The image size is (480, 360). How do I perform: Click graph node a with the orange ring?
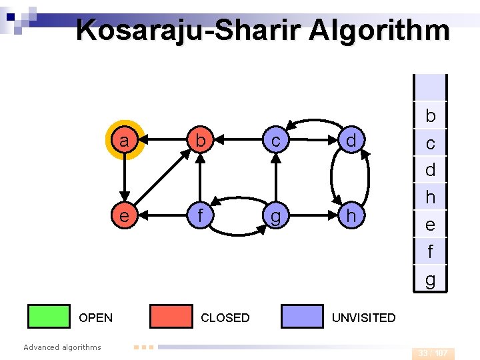tap(123, 141)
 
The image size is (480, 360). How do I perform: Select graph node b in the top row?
tap(199, 141)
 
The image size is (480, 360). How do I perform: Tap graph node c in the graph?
tap(275, 141)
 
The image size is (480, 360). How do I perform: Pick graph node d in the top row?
tap(351, 141)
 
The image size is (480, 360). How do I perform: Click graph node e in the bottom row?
tap(123, 216)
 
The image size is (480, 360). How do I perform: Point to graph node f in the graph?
tap(199, 216)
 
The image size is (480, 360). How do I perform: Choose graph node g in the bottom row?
tap(275, 216)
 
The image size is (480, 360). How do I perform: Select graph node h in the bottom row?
tap(351, 216)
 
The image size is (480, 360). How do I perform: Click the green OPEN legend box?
tap(49, 317)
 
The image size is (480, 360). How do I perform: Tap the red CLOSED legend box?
tap(171, 317)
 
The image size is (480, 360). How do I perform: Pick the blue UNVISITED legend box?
tap(302, 317)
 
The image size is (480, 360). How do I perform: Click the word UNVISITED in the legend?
tap(363, 318)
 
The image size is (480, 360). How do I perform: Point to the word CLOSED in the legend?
tap(225, 318)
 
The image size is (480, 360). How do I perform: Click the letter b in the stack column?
tap(431, 116)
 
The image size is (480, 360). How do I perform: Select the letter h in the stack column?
tap(431, 197)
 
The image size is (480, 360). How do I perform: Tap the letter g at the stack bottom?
tap(431, 279)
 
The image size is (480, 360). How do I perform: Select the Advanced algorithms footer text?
tap(62, 347)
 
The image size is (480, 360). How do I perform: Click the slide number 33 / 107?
tap(433, 353)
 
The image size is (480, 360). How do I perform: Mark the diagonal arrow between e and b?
tap(161, 179)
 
